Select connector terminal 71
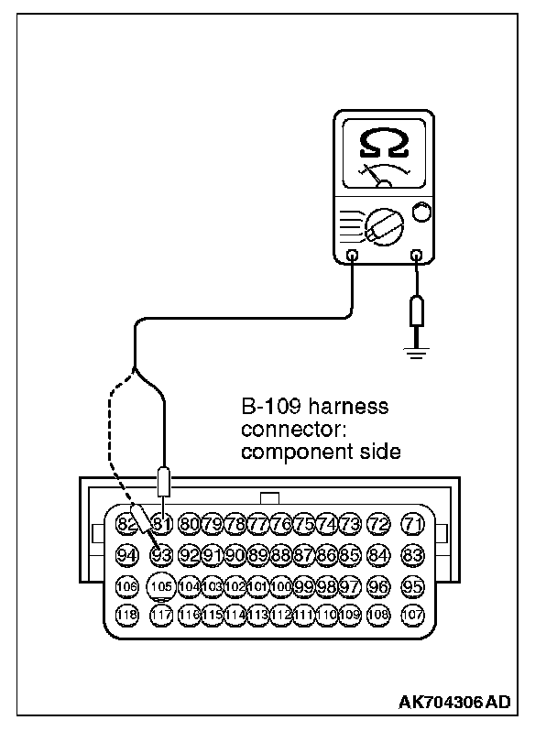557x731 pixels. [415, 526]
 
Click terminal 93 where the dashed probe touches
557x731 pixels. [162, 554]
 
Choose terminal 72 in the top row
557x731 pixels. [377, 526]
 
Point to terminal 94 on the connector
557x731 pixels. [127, 554]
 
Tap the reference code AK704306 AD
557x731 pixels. [453, 704]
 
